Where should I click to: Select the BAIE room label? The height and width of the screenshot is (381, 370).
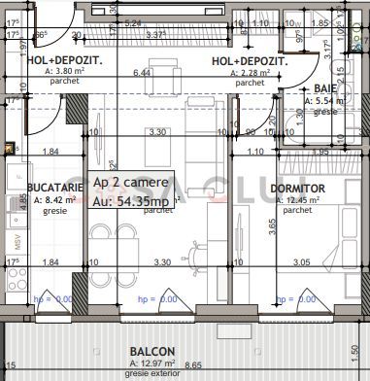pos(298,89)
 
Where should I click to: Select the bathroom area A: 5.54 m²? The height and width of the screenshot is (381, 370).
pos(298,100)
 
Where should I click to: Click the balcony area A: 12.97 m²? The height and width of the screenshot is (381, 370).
pos(153,363)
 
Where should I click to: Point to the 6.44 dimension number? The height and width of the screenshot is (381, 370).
pos(143,73)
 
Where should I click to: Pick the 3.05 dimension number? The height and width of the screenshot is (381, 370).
pos(302,262)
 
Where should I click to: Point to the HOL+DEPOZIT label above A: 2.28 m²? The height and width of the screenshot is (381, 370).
pos(249,61)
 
